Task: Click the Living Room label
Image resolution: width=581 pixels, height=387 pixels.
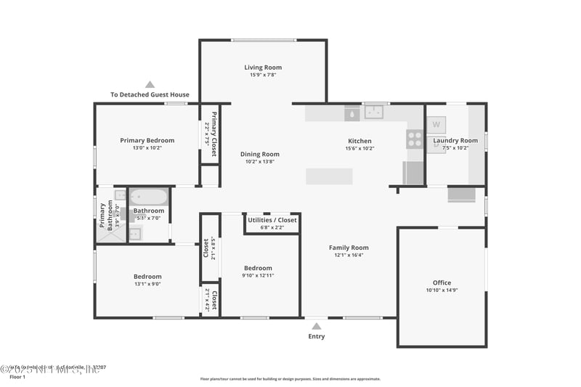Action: click(263, 68)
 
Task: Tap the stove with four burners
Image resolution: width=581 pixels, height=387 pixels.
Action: click(415, 139)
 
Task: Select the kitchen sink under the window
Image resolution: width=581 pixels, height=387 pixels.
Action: click(375, 112)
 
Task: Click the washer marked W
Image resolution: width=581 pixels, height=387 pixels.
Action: click(436, 124)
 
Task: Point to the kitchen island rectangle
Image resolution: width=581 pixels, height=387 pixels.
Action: click(329, 176)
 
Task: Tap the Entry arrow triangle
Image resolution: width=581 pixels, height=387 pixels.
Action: click(317, 327)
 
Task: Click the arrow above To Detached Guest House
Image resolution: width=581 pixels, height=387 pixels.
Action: click(150, 84)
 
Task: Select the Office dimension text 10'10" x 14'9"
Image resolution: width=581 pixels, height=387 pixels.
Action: click(442, 290)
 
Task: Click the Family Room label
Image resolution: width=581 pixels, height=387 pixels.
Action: click(349, 248)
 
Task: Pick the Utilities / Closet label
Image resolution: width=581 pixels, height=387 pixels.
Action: click(272, 220)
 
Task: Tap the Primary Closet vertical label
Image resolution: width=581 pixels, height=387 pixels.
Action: click(214, 129)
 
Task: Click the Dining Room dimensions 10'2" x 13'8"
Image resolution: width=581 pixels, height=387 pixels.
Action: click(260, 162)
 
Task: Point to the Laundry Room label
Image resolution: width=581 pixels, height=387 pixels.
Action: click(455, 140)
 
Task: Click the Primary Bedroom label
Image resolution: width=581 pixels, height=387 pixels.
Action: click(147, 140)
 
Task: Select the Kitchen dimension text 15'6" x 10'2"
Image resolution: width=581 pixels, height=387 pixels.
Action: click(359, 148)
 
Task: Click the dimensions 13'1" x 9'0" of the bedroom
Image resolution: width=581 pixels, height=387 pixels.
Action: click(147, 284)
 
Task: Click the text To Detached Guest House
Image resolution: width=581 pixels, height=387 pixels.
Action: click(150, 94)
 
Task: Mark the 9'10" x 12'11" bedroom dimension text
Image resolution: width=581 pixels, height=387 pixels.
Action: click(258, 275)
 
